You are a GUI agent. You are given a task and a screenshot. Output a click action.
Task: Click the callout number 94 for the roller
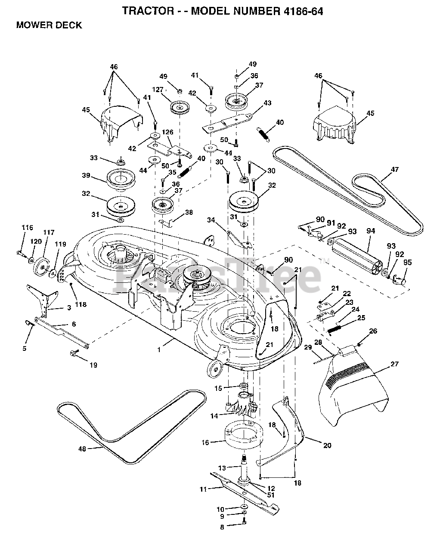pos(371,231)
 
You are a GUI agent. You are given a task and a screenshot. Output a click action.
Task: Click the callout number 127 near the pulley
pos(158,90)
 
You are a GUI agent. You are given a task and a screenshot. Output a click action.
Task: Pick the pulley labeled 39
pos(121,180)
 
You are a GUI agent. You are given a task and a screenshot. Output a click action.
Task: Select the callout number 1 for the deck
pos(159,350)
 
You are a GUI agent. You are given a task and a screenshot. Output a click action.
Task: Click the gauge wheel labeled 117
pos(41,267)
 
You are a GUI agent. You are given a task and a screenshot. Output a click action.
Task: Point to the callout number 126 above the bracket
pos(168,132)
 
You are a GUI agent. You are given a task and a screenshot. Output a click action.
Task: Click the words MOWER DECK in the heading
pos(49,25)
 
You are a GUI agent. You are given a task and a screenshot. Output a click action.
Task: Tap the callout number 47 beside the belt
pos(395,169)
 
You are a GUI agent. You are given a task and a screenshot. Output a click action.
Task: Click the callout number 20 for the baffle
pos(327,446)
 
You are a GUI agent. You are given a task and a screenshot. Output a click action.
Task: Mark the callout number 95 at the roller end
pos(407,263)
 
